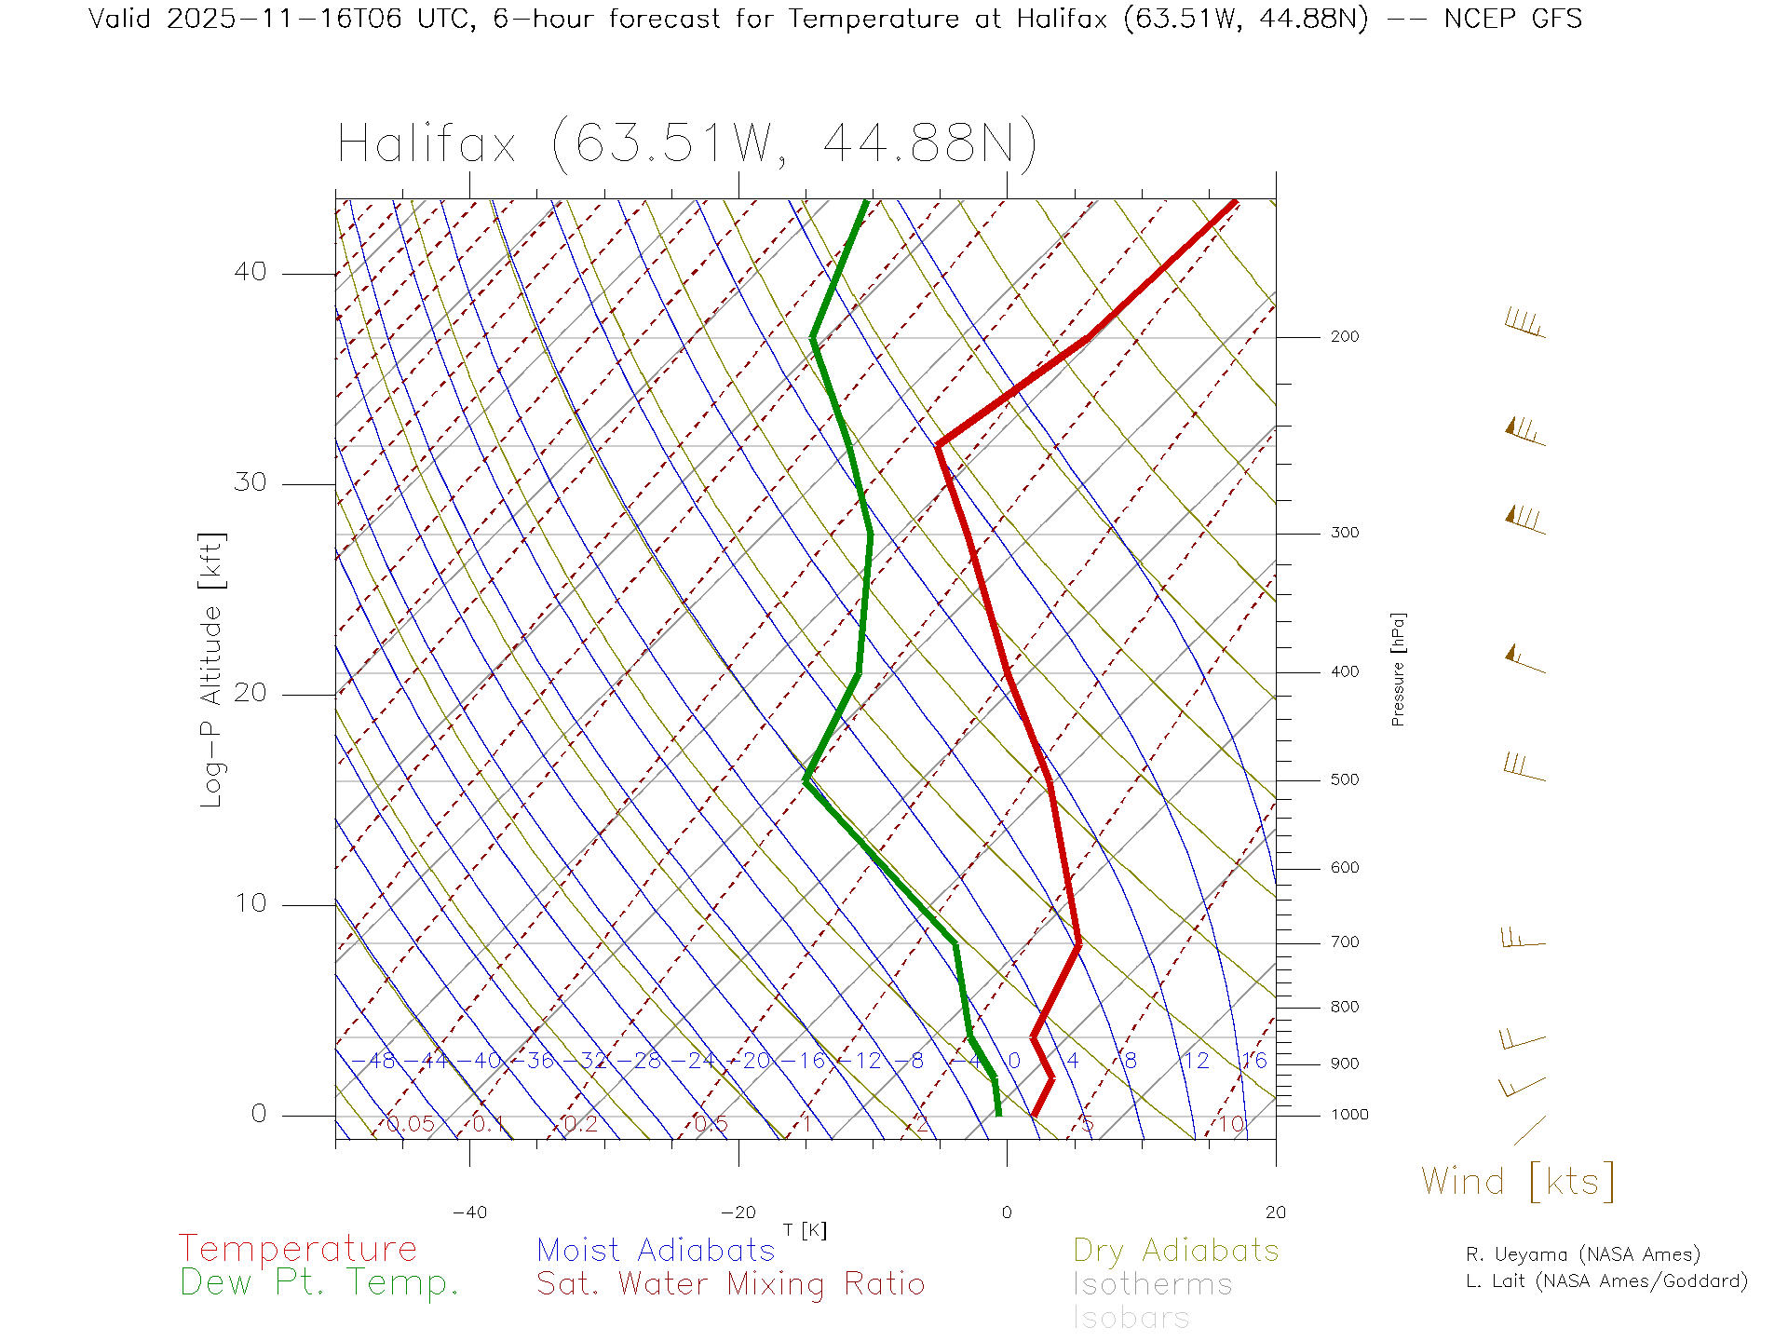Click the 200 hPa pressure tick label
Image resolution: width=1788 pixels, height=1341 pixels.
coord(1344,336)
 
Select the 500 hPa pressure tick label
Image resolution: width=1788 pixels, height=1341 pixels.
coord(1344,779)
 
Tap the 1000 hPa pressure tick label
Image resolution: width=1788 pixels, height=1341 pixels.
coord(1349,1115)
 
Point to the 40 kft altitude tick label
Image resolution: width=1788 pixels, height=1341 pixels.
coord(250,272)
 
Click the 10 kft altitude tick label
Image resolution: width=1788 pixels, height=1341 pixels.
coord(250,903)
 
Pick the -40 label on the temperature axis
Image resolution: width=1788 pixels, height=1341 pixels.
coord(469,1212)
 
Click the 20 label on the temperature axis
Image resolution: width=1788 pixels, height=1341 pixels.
coord(1275,1212)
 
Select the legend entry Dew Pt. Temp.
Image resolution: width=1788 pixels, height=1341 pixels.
coord(319,1283)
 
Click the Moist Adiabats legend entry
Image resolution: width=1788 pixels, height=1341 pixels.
coord(656,1250)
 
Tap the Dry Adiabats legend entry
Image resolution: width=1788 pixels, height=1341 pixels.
coord(1176,1250)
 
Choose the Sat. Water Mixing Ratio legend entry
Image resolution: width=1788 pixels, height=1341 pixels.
coord(730,1284)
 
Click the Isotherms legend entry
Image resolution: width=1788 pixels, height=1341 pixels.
coord(1153,1284)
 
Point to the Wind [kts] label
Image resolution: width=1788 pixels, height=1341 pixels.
coord(1518,1181)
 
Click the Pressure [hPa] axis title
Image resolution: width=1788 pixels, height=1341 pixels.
coord(1398,669)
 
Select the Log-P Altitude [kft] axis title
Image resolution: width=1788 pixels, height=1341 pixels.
coord(212,670)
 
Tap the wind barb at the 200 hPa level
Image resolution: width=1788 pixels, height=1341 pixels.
coord(1524,324)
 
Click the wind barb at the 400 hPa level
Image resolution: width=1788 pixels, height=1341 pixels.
coord(1524,659)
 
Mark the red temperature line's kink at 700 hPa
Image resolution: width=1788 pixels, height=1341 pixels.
coord(1078,944)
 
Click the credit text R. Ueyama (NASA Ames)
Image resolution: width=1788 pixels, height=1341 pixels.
coord(1582,1254)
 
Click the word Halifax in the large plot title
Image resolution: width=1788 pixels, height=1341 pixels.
coord(427,145)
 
